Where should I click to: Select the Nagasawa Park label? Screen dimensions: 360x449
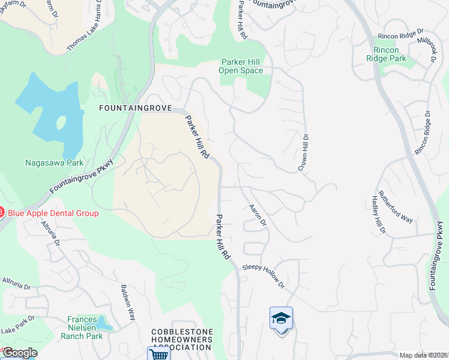pyautogui.click(x=54, y=162)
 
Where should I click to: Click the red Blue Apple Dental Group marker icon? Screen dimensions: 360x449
pyautogui.click(x=2, y=213)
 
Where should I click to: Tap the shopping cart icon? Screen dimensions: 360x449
pyautogui.click(x=158, y=354)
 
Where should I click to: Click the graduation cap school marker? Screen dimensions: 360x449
pyautogui.click(x=281, y=318)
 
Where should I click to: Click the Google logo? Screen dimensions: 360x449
pyautogui.click(x=19, y=353)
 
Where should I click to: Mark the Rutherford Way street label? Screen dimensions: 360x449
pyautogui.click(x=395, y=207)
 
